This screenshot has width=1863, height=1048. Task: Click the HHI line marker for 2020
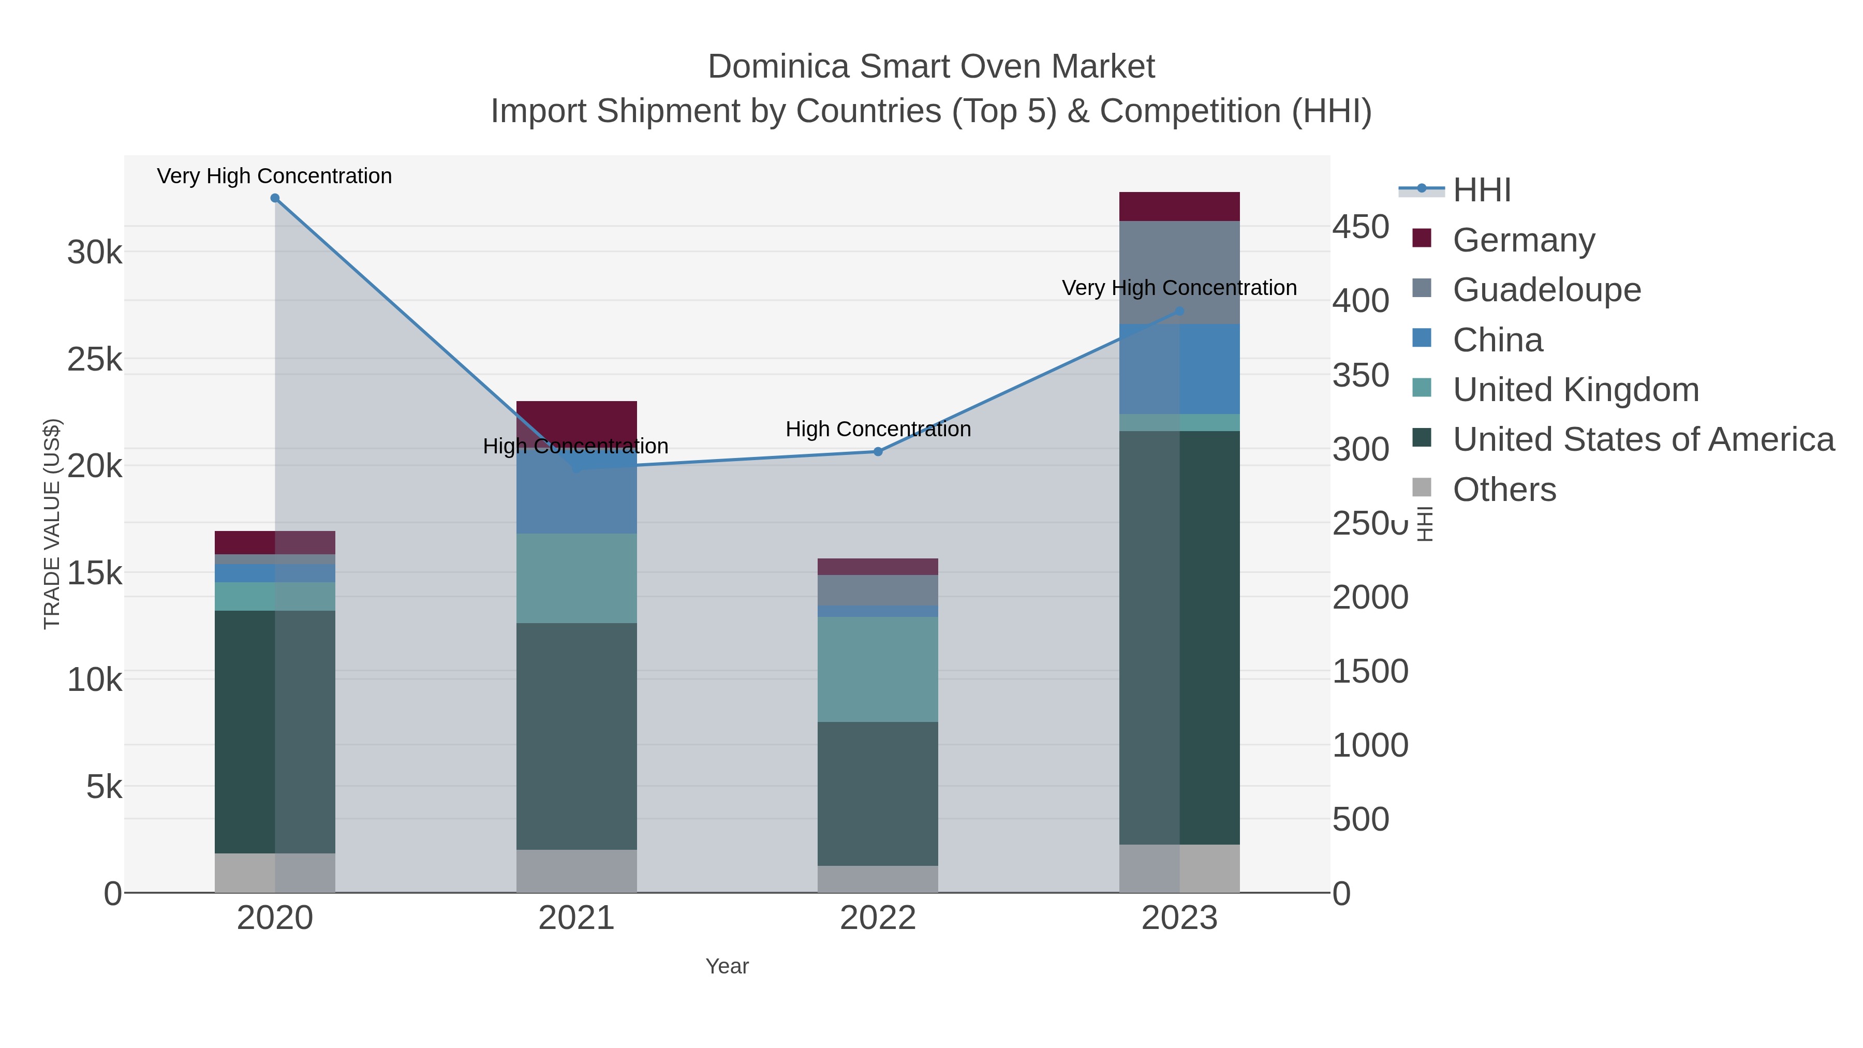pos(275,198)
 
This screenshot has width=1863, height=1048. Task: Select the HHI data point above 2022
pos(878,451)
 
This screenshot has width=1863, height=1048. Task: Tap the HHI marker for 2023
pos(1179,312)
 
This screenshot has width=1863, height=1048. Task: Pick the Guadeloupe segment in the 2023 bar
pos(1179,272)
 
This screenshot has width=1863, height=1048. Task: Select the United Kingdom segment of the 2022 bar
pos(878,669)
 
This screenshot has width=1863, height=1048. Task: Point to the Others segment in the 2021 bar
pos(576,871)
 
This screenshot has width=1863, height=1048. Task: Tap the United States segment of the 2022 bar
pos(878,793)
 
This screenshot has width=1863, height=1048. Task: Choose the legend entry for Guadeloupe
pos(1546,290)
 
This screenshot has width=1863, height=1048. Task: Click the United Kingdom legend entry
pos(1575,390)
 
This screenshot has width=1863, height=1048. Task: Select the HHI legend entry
pos(1481,190)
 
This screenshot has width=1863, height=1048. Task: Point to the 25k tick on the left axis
pos(95,360)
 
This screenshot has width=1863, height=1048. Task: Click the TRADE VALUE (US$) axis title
pos(52,524)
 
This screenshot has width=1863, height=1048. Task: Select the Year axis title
pos(727,966)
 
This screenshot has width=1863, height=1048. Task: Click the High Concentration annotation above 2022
pos(878,429)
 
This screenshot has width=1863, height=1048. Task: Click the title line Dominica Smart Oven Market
pos(931,67)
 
